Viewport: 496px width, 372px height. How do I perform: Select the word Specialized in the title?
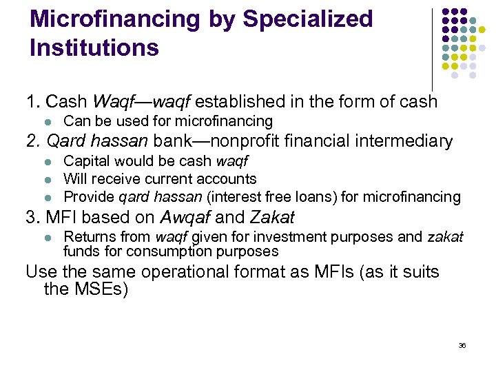pyautogui.click(x=307, y=19)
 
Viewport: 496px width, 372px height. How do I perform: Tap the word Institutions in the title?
pyautogui.click(x=94, y=48)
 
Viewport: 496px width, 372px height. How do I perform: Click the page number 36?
pyautogui.click(x=462, y=345)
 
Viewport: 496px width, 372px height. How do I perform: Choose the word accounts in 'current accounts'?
pyautogui.click(x=229, y=179)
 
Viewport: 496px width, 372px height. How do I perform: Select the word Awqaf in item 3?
pyautogui.click(x=185, y=218)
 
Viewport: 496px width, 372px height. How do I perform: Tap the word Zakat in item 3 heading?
pyautogui.click(x=272, y=218)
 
